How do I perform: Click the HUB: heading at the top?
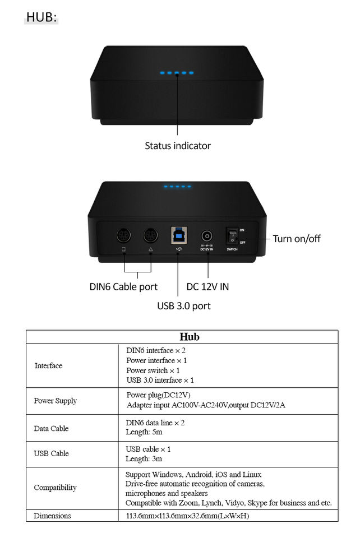click(x=41, y=17)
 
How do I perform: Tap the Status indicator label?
click(x=178, y=146)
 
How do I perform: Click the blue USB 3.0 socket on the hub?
click(x=178, y=235)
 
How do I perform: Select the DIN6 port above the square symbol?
click(x=124, y=235)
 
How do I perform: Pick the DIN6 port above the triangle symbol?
click(x=150, y=235)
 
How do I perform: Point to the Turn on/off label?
click(x=297, y=239)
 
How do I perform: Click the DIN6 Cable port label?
click(x=123, y=287)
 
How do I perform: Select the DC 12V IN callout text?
click(x=207, y=287)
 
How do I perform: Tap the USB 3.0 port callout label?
click(x=184, y=306)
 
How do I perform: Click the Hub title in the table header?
click(x=190, y=337)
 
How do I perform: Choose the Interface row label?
click(x=49, y=366)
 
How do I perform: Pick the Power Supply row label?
click(x=56, y=401)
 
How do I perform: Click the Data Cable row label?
click(x=51, y=429)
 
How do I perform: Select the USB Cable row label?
click(x=52, y=453)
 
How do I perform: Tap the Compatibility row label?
click(x=55, y=488)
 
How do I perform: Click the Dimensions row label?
click(x=52, y=516)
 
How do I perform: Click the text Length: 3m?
click(x=144, y=459)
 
